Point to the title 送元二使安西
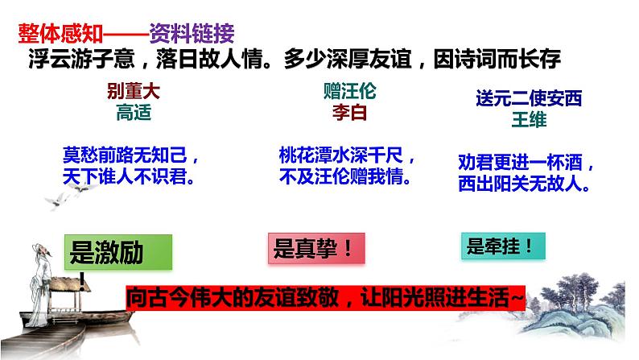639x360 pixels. [x=529, y=99]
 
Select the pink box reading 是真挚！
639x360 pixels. [x=316, y=249]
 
